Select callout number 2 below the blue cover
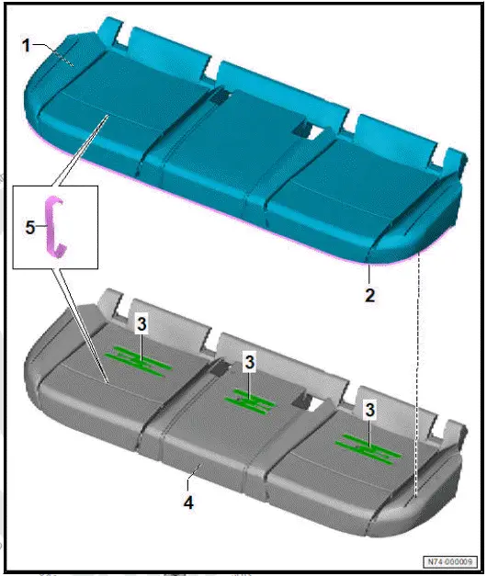point(369,297)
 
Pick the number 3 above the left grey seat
point(141,324)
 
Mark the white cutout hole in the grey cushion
point(314,401)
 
